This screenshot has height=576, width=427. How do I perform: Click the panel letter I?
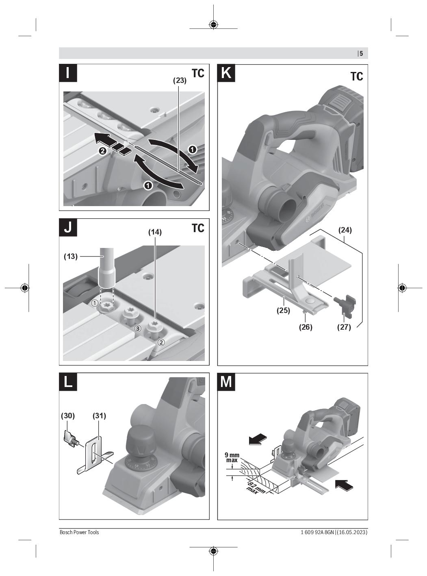(x=68, y=73)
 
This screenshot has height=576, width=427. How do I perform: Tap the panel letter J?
(x=68, y=228)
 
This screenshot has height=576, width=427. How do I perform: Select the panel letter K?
(x=226, y=73)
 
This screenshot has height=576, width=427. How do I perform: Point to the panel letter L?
(x=68, y=382)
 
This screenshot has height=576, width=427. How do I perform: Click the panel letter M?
(x=226, y=382)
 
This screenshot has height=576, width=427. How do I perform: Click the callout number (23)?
(x=180, y=80)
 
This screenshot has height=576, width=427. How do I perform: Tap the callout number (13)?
(x=71, y=256)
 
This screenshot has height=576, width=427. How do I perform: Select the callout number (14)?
(x=155, y=232)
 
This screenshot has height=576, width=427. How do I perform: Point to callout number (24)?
(x=345, y=230)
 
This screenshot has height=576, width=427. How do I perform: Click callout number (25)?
(x=283, y=310)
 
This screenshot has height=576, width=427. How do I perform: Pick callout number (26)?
(x=306, y=327)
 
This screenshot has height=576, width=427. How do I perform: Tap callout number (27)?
(x=344, y=327)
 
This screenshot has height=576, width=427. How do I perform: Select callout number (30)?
(x=68, y=416)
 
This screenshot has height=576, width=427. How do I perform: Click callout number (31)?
(x=100, y=416)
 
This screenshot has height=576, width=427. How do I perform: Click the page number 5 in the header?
(x=361, y=54)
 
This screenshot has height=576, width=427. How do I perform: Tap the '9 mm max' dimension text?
(x=232, y=458)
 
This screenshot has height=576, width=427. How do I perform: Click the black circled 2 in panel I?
(x=103, y=151)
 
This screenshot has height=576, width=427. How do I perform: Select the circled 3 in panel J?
(x=138, y=328)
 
